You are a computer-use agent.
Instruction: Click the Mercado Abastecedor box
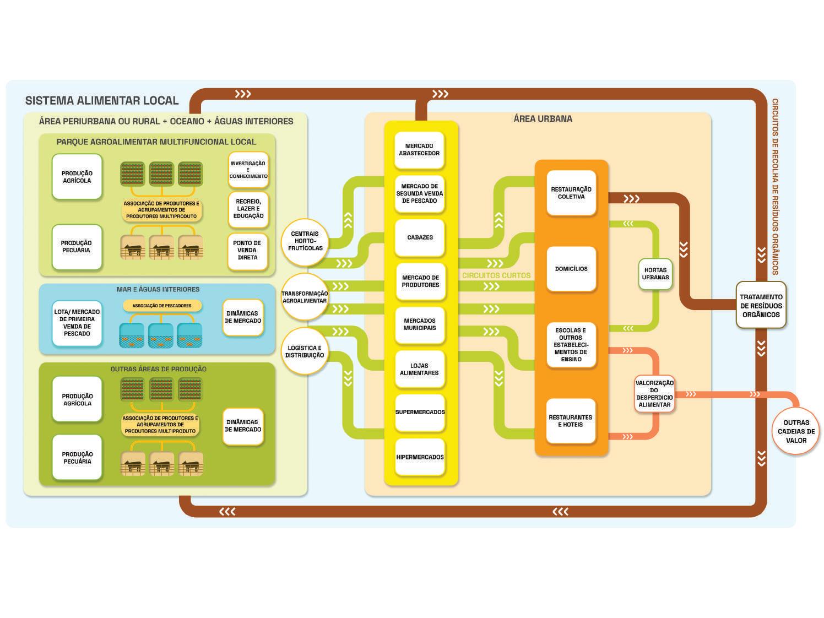coord(419,150)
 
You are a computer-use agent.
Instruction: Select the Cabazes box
coord(420,237)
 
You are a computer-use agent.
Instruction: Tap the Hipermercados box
coord(420,457)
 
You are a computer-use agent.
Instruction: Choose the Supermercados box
coord(420,412)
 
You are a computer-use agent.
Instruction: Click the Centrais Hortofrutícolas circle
coord(305,241)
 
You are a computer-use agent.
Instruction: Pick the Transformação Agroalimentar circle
coord(305,297)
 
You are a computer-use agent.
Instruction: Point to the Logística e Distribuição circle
coord(305,351)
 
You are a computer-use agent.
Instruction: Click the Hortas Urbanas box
coord(655,274)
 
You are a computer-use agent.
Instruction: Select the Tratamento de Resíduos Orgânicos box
coord(761,305)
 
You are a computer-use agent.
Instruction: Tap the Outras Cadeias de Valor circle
coord(796,431)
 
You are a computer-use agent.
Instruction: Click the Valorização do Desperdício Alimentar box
coord(654,393)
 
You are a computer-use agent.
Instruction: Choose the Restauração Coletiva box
coord(571,193)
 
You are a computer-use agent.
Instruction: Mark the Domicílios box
coord(571,269)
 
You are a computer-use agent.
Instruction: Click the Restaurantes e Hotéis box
coord(571,421)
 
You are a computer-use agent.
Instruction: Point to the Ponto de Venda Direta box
coord(247,251)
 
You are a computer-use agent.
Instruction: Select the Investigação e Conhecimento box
coord(248,170)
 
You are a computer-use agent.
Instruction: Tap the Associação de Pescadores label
coord(162,306)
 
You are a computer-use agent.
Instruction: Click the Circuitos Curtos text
coord(496,275)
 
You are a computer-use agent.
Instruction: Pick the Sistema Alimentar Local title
coord(102,101)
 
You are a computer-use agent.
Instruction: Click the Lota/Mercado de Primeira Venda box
coord(77,323)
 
